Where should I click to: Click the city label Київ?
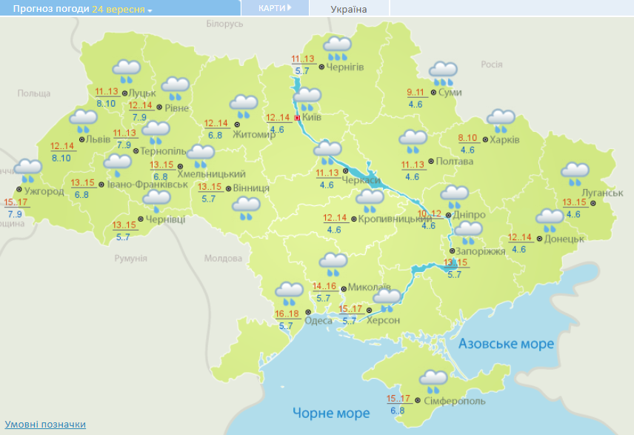click(312, 117)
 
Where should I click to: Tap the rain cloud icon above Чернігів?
click(337, 48)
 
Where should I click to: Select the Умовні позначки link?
click(46, 425)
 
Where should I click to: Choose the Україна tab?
click(348, 9)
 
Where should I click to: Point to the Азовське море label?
click(506, 344)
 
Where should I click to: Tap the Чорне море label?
click(330, 413)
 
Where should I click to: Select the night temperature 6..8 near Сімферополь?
click(397, 411)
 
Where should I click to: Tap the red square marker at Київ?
click(298, 118)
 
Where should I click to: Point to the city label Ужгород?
click(44, 191)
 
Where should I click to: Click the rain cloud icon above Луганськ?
click(575, 173)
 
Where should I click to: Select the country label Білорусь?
click(224, 24)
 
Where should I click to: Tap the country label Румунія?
click(130, 258)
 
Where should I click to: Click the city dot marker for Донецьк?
click(539, 239)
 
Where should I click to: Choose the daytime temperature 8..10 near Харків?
click(467, 139)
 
